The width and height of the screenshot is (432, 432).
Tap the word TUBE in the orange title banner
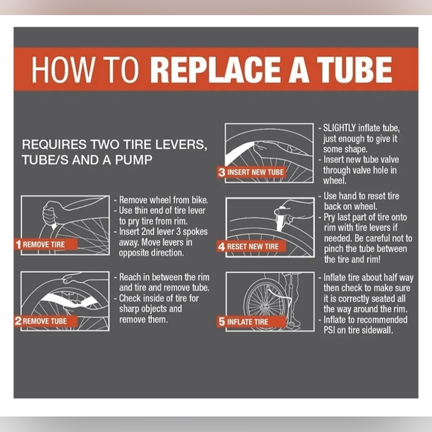pos(355,69)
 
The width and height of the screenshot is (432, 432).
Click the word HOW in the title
pos(63,69)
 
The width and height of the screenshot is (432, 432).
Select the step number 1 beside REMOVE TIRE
pos(18,244)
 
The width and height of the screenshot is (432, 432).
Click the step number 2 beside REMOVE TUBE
pos(18,321)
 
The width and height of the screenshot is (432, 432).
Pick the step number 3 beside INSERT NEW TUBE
pos(221,172)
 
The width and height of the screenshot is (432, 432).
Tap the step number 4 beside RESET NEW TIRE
pos(221,247)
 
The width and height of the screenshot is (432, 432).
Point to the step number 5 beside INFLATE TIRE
pos(222,322)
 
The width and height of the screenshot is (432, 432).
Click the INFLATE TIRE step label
pos(247,322)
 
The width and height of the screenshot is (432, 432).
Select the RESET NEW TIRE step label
pos(252,247)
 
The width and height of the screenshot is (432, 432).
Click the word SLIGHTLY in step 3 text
pos(340,128)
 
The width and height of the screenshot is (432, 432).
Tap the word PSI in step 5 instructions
pos(329,330)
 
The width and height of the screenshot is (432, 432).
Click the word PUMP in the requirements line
pos(133,160)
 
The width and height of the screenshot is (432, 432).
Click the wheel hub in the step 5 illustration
pos(264,306)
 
